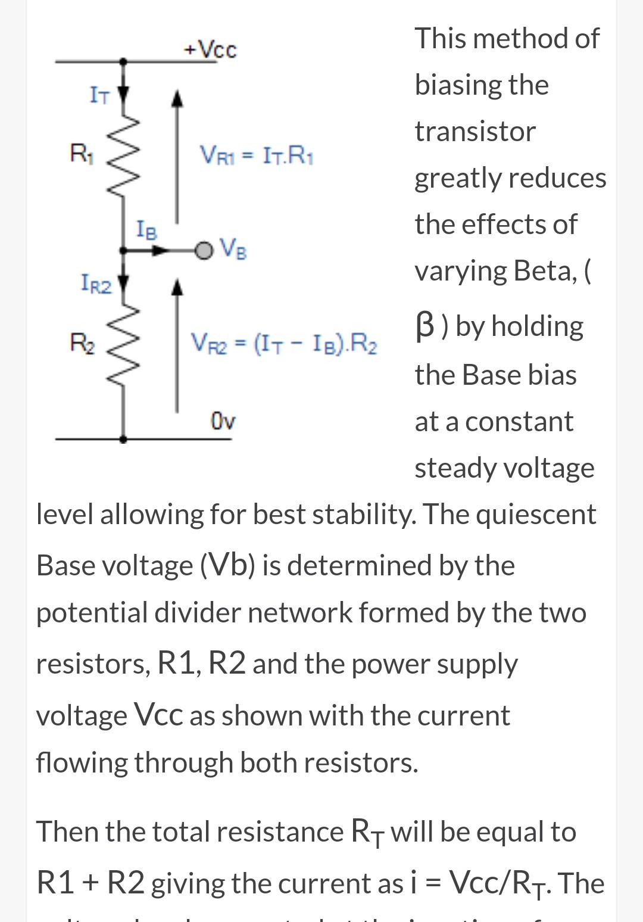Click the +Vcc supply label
pos(210,49)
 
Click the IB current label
pos(147,229)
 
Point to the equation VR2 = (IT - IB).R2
pos(283,344)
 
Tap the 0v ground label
pos(223,420)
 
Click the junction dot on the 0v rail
pos(123,440)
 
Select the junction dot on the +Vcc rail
pos(123,61)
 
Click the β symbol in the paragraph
pos(424,326)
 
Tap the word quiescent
pos(536,514)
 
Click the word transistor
pos(475,132)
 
